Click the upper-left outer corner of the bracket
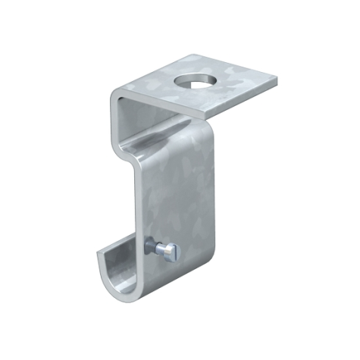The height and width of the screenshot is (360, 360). coord(112,92)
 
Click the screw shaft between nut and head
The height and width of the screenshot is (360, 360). coord(162,248)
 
